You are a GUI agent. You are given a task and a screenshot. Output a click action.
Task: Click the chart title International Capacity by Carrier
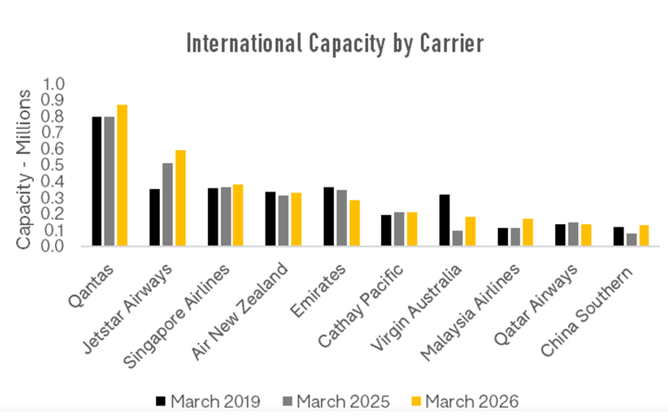pyautogui.click(x=334, y=44)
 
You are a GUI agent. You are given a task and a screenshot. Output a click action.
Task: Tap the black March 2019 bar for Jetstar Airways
pyautogui.click(x=155, y=217)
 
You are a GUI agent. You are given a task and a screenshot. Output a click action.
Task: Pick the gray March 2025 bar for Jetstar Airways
pyautogui.click(x=168, y=204)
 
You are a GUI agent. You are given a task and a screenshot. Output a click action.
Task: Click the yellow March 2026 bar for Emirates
pyautogui.click(x=355, y=223)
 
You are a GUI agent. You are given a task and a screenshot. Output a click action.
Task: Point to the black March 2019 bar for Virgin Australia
pyautogui.click(x=444, y=220)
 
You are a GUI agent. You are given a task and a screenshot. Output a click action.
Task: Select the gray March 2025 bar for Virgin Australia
pyautogui.click(x=457, y=238)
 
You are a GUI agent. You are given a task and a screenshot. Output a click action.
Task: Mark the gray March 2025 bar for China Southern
pyautogui.click(x=631, y=240)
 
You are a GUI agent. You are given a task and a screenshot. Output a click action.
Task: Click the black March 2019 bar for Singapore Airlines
pyautogui.click(x=213, y=217)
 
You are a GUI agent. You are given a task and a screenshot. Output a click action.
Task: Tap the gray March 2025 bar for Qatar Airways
pyautogui.click(x=573, y=234)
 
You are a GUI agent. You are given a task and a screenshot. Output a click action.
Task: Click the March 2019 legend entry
pyautogui.click(x=208, y=401)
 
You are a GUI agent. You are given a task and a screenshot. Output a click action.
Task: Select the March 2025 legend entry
pyautogui.click(x=337, y=401)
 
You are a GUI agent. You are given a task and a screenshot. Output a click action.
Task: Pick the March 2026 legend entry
pyautogui.click(x=465, y=401)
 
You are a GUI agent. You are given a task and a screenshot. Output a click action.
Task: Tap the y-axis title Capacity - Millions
pyautogui.click(x=24, y=170)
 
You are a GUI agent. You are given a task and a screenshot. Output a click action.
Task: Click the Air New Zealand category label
pyautogui.click(x=240, y=312)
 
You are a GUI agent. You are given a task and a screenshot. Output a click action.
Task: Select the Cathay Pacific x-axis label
pyautogui.click(x=361, y=306)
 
